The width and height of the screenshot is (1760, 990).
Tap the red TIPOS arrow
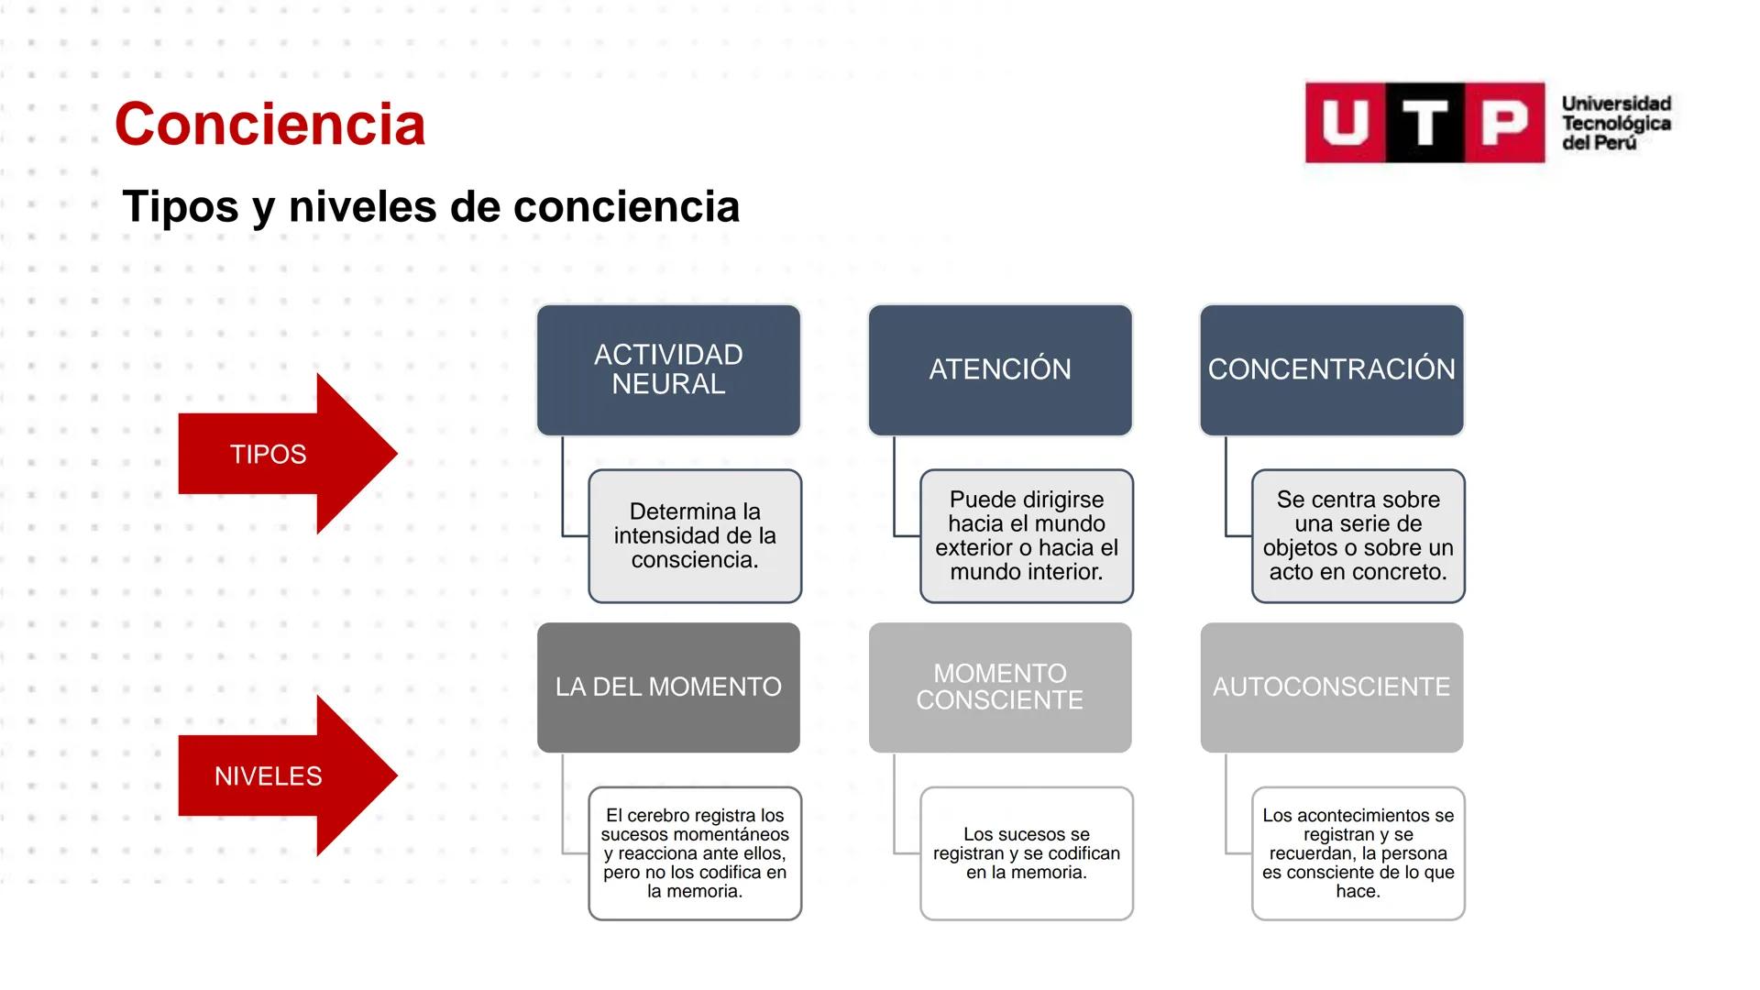275,454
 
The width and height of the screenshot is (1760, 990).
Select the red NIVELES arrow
275,776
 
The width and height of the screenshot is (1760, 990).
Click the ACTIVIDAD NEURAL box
668,369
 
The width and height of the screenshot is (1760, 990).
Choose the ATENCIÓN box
999,369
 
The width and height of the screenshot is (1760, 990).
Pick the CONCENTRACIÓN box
1331,369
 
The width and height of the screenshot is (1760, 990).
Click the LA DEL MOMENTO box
668,687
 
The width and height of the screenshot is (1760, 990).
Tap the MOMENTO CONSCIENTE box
999,687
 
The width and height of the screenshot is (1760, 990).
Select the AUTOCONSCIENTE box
1331,687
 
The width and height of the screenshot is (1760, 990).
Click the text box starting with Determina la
695,536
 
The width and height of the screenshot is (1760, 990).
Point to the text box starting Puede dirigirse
1027,536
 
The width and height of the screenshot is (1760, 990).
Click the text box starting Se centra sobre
1358,536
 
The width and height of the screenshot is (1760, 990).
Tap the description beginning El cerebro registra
695,853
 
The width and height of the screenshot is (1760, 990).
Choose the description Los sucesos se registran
1027,853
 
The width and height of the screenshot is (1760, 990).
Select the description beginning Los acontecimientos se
1358,853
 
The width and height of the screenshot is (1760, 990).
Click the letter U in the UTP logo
1346,123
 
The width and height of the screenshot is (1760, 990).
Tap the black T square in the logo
1425,123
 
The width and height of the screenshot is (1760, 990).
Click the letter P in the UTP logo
1505,123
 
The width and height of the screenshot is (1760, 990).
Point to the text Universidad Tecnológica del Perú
1616,123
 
